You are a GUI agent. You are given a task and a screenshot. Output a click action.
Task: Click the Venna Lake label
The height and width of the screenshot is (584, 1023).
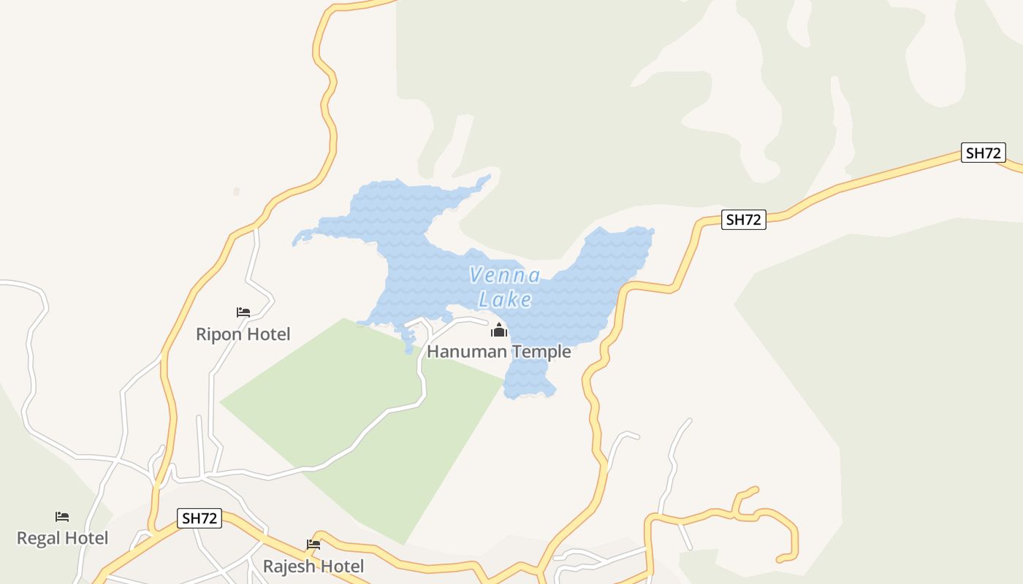click(x=505, y=287)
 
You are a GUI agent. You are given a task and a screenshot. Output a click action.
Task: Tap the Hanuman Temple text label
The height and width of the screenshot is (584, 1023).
click(x=498, y=352)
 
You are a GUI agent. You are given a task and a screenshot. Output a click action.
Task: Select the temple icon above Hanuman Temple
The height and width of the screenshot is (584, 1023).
click(x=499, y=331)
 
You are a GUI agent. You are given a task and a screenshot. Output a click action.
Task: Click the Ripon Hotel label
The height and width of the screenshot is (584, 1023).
click(x=243, y=334)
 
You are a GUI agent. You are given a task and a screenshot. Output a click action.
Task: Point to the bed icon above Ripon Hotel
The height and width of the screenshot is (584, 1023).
click(x=243, y=312)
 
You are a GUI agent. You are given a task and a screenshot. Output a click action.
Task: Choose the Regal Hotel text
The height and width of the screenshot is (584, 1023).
click(x=62, y=539)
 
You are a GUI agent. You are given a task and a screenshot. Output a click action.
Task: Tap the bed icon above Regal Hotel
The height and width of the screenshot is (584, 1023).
click(x=62, y=517)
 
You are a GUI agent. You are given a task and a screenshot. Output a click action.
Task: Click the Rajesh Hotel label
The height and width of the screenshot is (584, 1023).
click(x=313, y=566)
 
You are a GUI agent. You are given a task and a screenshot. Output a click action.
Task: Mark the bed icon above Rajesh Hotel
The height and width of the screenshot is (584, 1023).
click(x=313, y=545)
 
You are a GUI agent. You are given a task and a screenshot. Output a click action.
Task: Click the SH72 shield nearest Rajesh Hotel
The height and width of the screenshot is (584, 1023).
click(x=199, y=518)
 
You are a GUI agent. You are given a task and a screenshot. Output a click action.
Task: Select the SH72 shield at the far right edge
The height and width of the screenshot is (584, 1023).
click(x=984, y=153)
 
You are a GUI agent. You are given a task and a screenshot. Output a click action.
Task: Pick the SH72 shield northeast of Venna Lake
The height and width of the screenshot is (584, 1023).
click(x=743, y=220)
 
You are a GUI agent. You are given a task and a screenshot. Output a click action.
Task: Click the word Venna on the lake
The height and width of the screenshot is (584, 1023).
click(x=505, y=276)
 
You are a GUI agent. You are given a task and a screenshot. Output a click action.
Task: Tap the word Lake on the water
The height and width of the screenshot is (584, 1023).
click(x=505, y=299)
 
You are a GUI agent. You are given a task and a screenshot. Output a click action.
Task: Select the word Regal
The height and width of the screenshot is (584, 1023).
click(x=37, y=539)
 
